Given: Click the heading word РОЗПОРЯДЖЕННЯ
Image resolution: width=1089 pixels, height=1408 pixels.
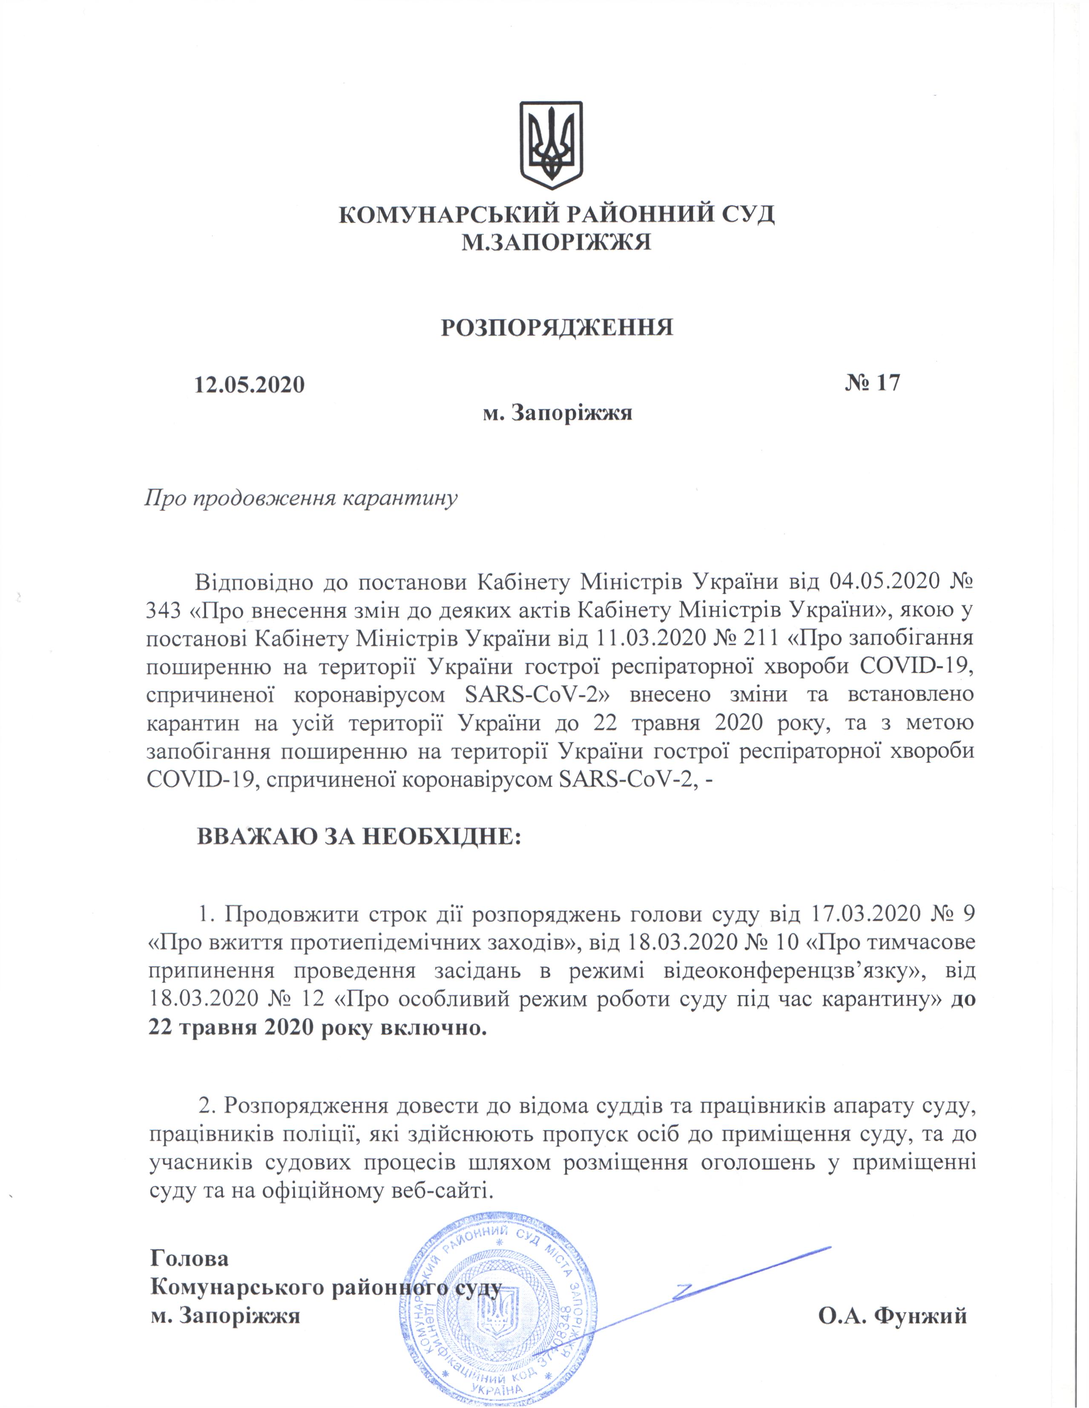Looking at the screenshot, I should click(557, 328).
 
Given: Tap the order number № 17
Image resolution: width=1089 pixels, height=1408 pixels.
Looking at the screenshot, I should click(872, 383).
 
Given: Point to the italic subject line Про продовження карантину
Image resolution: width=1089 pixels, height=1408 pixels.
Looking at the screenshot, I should click(300, 498).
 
